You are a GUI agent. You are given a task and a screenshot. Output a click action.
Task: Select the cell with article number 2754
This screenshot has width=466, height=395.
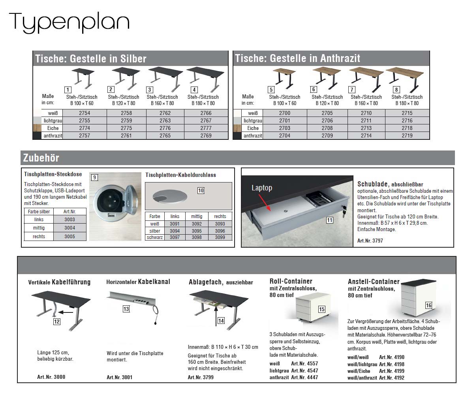85,113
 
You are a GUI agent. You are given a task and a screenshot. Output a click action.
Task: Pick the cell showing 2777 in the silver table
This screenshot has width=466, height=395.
206,128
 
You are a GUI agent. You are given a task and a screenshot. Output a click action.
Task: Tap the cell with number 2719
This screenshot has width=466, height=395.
407,135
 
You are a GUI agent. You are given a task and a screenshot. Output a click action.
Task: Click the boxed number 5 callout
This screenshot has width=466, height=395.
271,89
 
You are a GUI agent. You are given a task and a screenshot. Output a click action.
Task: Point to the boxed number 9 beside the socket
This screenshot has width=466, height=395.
94,177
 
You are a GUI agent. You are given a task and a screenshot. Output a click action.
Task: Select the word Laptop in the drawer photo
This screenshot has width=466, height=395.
262,188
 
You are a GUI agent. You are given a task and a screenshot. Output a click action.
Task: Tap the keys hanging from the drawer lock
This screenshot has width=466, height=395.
344,211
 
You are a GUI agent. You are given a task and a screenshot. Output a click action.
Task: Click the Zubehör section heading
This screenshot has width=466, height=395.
41,158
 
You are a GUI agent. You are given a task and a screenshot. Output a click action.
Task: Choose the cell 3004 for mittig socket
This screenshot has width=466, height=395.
70,228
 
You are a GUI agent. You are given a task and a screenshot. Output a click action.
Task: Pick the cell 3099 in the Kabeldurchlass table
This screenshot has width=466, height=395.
220,237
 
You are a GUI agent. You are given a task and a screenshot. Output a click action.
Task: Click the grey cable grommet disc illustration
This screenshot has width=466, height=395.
170,196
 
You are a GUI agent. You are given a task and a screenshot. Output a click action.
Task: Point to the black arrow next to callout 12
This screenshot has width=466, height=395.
66,312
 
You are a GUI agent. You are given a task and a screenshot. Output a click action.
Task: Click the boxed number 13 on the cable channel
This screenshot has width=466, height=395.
126,309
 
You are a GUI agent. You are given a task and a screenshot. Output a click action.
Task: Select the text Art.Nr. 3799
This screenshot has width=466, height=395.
201,377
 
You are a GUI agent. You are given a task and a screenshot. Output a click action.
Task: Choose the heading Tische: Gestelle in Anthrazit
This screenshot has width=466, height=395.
297,58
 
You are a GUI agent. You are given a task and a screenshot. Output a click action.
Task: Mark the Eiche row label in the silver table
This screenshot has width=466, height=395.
53,128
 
